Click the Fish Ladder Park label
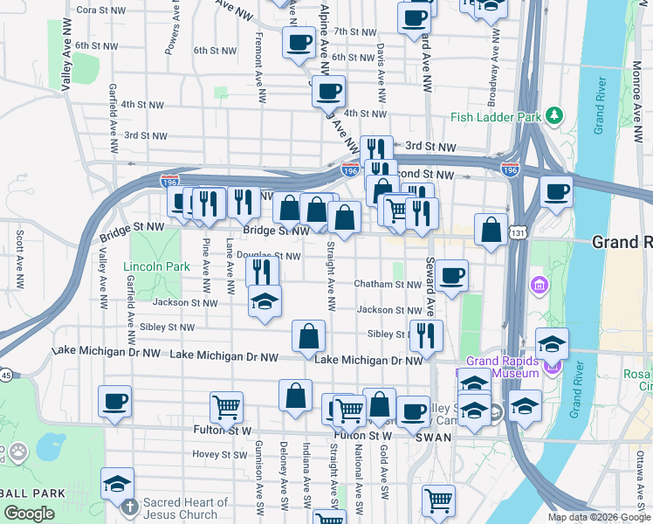493,117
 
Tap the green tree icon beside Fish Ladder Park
553,116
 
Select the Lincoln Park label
144,265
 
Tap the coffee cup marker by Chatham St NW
451,276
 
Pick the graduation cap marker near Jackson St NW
265,302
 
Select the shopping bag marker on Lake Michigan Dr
308,336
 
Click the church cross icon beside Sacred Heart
129,507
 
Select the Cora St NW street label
99,10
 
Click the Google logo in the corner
30,514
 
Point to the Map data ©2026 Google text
599,517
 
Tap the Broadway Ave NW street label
493,61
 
